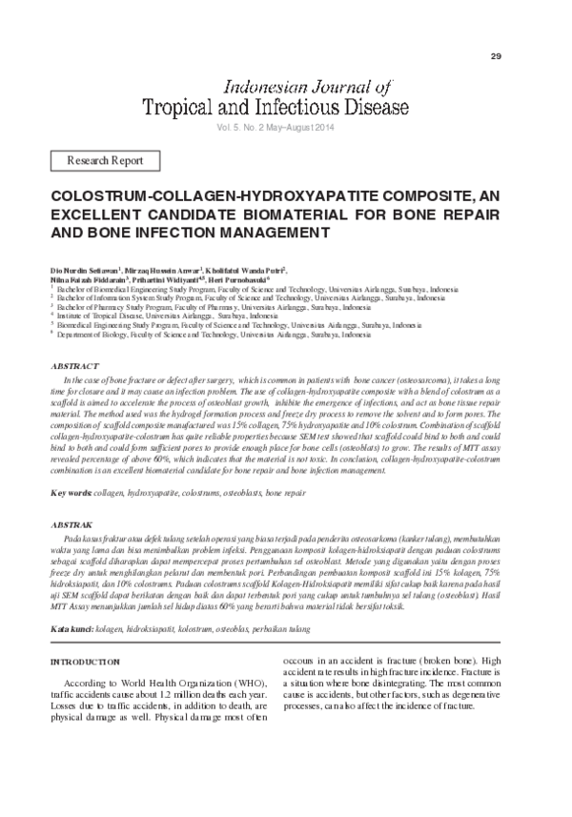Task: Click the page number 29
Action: pos(496,56)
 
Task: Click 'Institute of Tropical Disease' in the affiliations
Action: pos(100,315)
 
